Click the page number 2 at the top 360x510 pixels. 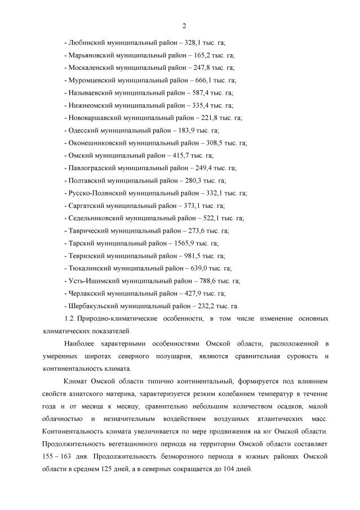(184, 26)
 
